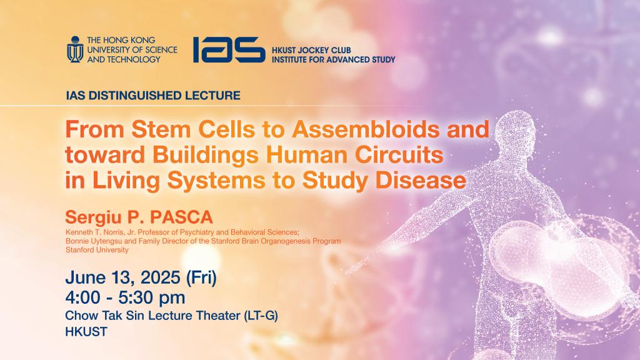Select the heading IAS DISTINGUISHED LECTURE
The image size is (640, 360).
click(x=152, y=96)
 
